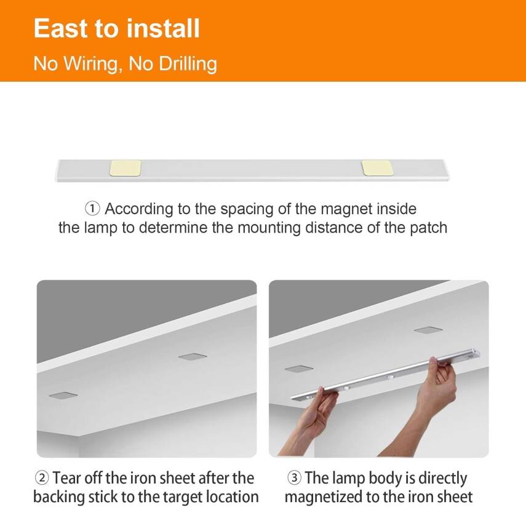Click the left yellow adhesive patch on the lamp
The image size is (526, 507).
(x=126, y=167)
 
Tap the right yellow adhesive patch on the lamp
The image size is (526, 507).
(x=377, y=167)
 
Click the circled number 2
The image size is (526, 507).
(x=41, y=479)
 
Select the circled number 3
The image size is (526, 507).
(x=294, y=479)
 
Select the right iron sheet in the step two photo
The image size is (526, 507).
(x=192, y=356)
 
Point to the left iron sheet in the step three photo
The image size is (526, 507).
(x=298, y=369)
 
